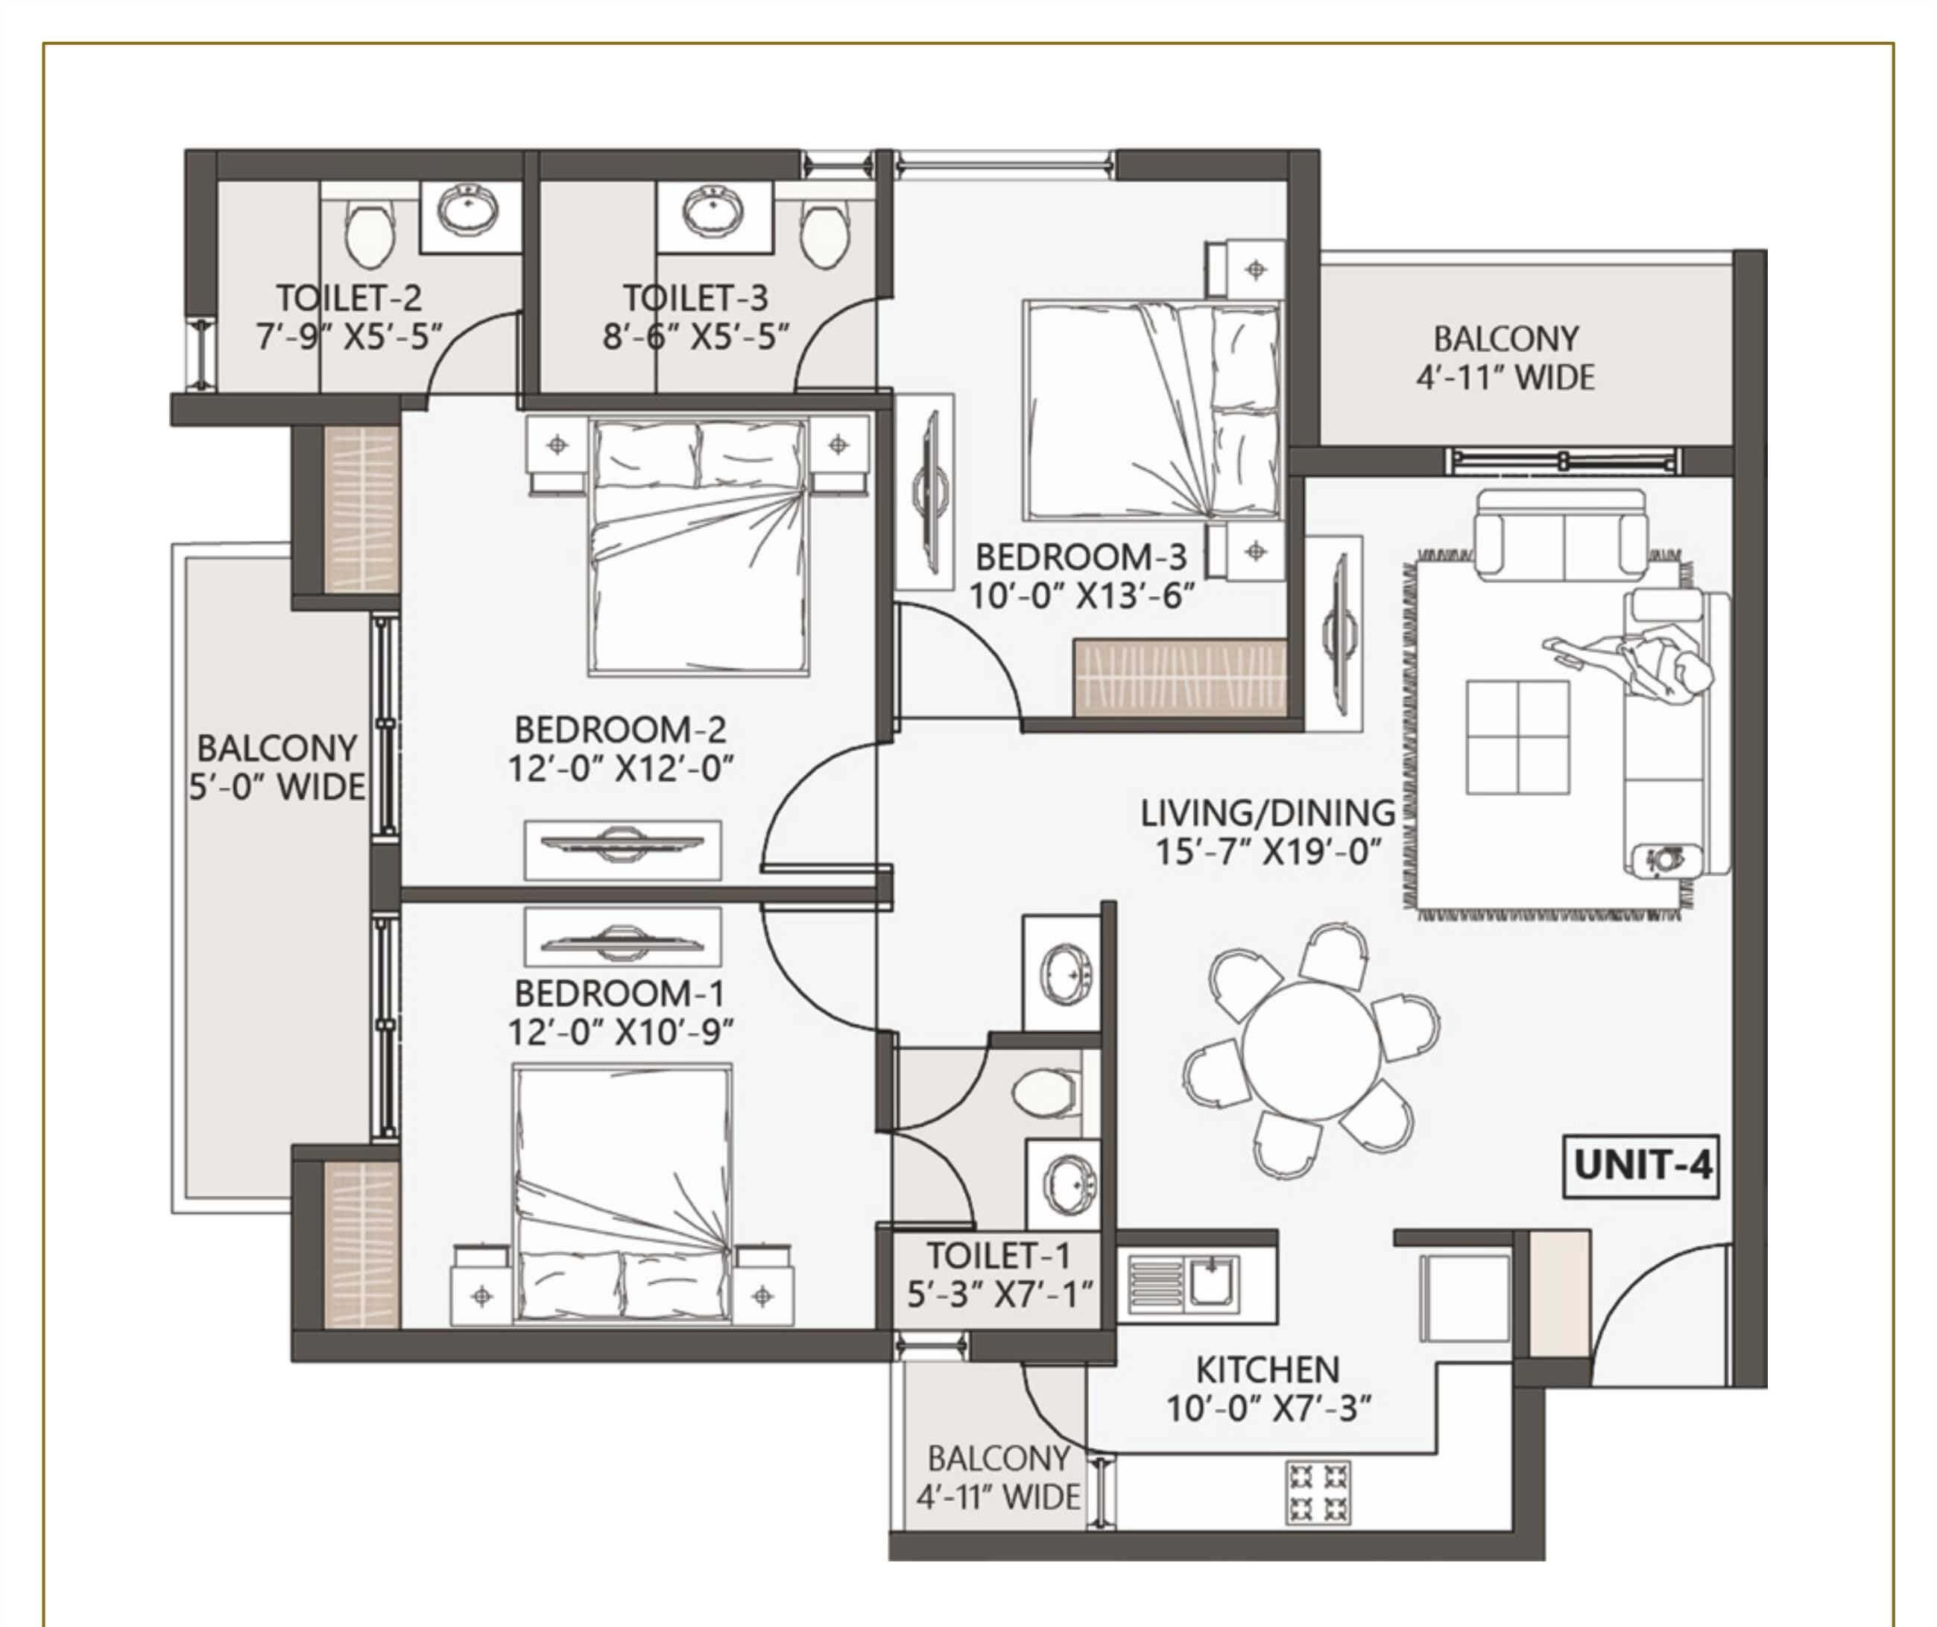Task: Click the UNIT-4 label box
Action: point(1640,1166)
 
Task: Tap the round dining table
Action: point(1311,1051)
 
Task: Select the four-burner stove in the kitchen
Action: point(1318,1492)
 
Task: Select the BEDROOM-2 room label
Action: point(620,730)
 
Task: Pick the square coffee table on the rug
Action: point(1517,737)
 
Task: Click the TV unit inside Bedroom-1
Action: point(622,936)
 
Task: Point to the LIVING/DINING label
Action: point(1268,812)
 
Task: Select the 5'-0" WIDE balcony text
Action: point(277,787)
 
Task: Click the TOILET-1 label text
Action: point(998,1255)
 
